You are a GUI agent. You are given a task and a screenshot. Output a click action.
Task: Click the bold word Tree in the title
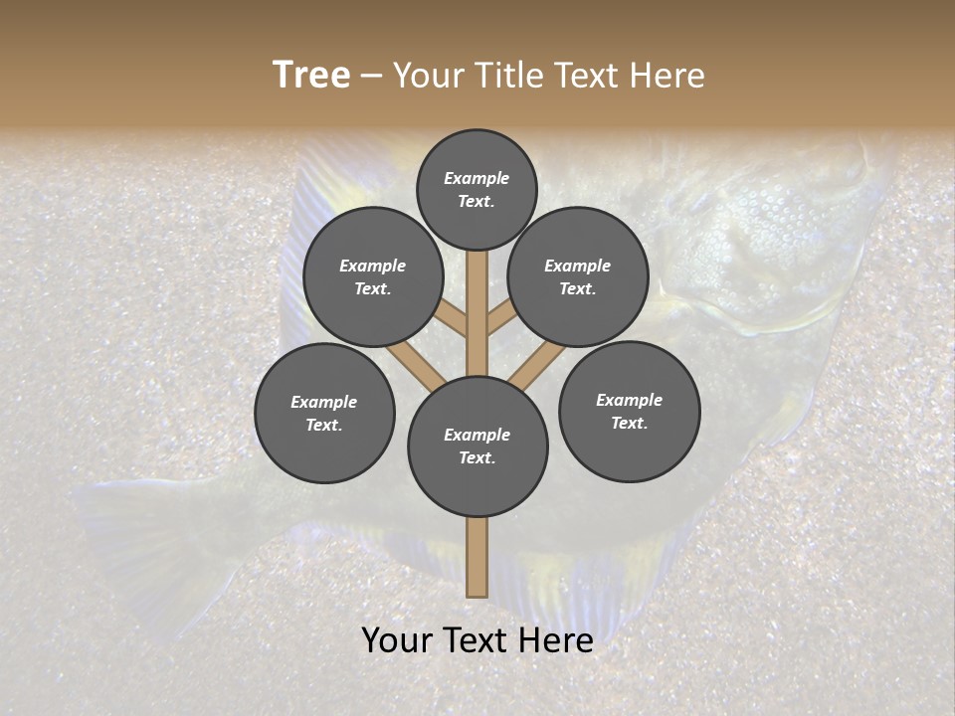[311, 76]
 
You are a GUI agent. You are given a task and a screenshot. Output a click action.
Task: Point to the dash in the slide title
[372, 76]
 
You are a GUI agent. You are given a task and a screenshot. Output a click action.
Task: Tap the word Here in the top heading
[668, 76]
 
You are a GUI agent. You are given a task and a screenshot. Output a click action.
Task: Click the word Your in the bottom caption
[398, 640]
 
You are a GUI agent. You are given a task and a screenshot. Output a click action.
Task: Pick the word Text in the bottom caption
[477, 640]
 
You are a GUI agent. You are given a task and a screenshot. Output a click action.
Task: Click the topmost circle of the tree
[477, 189]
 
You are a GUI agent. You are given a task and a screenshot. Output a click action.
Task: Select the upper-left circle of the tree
[373, 276]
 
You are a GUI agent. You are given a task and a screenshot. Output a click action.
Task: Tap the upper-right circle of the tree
[578, 276]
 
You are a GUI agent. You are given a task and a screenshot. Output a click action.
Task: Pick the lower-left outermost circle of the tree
[324, 413]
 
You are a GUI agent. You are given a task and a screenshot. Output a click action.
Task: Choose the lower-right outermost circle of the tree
[629, 411]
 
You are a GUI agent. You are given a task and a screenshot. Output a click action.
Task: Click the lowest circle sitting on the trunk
[477, 447]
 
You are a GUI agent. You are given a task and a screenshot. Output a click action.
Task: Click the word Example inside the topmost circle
[477, 178]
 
